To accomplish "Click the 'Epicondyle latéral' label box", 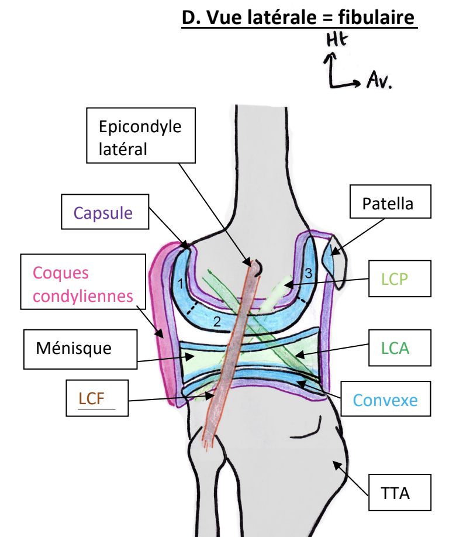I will click(140, 135).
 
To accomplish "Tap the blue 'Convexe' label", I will click(385, 401).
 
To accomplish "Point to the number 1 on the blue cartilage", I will click(181, 284).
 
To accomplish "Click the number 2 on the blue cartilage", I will click(216, 321).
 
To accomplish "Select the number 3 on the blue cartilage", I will click(308, 273).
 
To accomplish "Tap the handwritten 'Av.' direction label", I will click(379, 81).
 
